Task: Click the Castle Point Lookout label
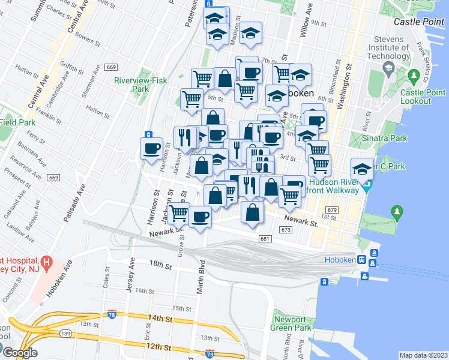[x=423, y=97]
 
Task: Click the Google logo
[x=19, y=353]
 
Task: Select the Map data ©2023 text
[x=423, y=355]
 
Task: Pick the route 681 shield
[x=265, y=239]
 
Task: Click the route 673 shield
[x=286, y=230]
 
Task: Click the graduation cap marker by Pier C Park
[x=362, y=168]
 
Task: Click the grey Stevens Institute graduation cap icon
[x=388, y=70]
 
